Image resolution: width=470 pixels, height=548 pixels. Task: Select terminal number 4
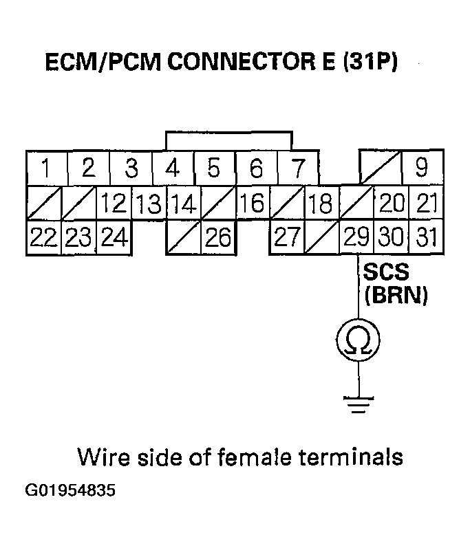173,168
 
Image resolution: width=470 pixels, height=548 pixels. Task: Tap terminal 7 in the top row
298,168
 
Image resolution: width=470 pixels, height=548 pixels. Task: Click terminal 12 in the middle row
114,204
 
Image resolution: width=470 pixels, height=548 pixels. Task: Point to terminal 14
182,204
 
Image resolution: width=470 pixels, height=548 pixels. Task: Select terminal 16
253,204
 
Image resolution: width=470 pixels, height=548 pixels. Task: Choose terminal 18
321,204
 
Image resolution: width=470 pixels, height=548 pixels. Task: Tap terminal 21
427,204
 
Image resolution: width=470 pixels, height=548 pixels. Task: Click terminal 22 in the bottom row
43,238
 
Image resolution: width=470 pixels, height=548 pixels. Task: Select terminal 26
218,238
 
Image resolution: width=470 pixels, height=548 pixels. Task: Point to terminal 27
286,238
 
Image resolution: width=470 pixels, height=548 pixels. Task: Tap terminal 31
427,238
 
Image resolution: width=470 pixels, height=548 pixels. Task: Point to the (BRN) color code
396,295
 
